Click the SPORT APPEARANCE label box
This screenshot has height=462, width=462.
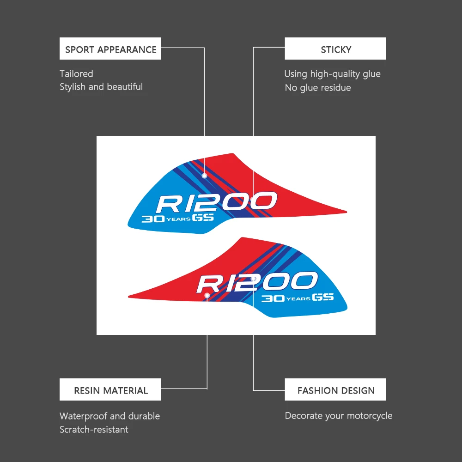tap(110, 49)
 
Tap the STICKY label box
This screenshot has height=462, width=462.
tap(335, 49)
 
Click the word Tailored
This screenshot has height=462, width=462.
tap(76, 74)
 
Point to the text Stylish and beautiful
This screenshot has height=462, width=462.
tap(101, 87)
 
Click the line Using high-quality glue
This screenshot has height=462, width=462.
tap(332, 74)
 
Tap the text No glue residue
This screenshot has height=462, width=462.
tap(318, 88)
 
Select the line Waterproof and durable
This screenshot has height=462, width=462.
tap(109, 416)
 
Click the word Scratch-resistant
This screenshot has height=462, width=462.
tap(94, 430)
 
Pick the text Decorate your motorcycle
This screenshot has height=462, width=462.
tap(339, 416)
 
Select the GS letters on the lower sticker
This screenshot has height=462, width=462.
tap(323, 298)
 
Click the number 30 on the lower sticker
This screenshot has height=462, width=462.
tap(273, 299)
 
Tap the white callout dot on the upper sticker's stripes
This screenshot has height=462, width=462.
tap(204, 176)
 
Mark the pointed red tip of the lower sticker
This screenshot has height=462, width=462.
tap(130, 296)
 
